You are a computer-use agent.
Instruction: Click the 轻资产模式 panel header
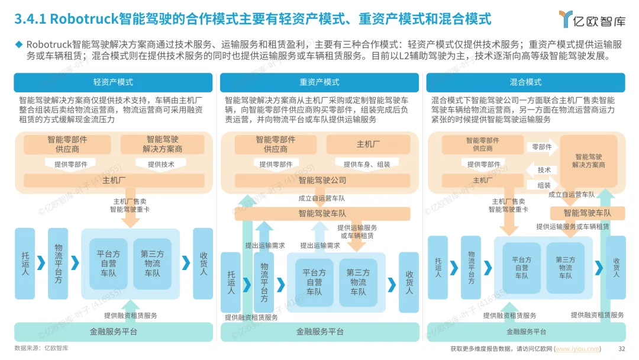point(113,82)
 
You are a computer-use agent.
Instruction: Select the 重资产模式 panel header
point(319,82)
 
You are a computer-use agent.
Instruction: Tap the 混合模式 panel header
point(525,82)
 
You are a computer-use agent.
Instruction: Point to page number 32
point(621,349)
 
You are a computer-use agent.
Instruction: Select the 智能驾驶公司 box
point(322,180)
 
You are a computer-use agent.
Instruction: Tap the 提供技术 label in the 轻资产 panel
point(161,165)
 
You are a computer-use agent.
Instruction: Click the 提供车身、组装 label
point(367,165)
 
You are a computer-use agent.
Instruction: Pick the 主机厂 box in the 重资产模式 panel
point(368,144)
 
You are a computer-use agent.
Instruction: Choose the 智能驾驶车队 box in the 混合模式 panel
point(587,213)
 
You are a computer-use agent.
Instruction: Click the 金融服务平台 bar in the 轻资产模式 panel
point(113,332)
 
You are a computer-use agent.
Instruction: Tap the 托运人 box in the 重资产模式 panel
point(231,282)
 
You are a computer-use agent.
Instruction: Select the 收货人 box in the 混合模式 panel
point(616,267)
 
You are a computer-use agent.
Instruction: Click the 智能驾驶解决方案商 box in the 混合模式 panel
point(588,161)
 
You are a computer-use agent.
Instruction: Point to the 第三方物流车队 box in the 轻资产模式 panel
point(152,263)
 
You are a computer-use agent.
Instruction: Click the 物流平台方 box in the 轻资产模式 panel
point(58,263)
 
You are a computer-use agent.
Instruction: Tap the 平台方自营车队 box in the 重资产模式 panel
point(314,282)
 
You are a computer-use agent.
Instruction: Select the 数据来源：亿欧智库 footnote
point(41,349)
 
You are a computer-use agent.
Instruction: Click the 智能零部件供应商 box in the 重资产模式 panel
point(275,144)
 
